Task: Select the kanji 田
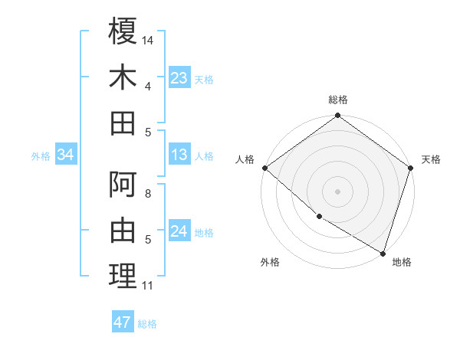pyautogui.click(x=123, y=123)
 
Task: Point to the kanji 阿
pyautogui.click(x=123, y=185)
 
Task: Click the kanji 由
pyautogui.click(x=123, y=231)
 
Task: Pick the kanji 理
pyautogui.click(x=123, y=277)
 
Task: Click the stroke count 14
pyautogui.click(x=149, y=40)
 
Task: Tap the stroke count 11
pyautogui.click(x=148, y=286)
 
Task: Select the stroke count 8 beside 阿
pyautogui.click(x=148, y=195)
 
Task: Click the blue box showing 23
pyautogui.click(x=179, y=77)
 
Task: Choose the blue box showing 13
pyautogui.click(x=179, y=155)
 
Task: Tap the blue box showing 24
pyautogui.click(x=179, y=231)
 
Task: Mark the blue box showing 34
pyautogui.click(x=65, y=155)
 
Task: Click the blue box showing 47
pyautogui.click(x=122, y=322)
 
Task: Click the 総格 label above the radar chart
pyautogui.click(x=337, y=100)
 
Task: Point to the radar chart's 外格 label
pyautogui.click(x=270, y=263)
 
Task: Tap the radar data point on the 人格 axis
pyautogui.click(x=264, y=168)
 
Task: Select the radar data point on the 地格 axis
pyautogui.click(x=383, y=253)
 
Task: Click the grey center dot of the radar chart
pyautogui.click(x=337, y=191)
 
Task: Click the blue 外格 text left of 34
pyautogui.click(x=41, y=156)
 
